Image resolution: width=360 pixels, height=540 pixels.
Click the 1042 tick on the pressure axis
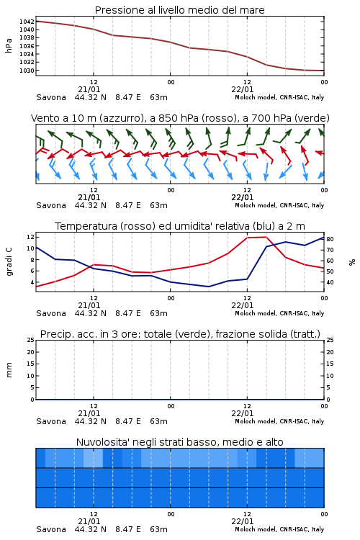pos(27,22)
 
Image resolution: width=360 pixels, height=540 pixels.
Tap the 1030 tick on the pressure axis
pos(27,71)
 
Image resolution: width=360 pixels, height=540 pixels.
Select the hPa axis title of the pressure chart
pos(9,46)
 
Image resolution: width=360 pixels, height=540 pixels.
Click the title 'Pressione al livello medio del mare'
pos(180,10)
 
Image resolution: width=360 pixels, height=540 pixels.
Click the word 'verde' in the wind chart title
pos(312,119)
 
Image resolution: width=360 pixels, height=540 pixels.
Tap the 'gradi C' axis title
pos(9,261)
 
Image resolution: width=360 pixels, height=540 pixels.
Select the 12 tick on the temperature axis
pos(30,237)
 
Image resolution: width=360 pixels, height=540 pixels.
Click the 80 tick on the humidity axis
pos(330,239)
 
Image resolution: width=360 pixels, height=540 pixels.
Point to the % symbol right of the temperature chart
pos(352,262)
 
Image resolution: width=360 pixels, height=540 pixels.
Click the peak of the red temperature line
pos(266,237)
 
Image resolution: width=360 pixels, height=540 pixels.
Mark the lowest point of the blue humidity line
pos(208,287)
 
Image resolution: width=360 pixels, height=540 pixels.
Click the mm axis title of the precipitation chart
pos(9,370)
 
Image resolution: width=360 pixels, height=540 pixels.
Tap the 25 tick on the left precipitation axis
pos(31,340)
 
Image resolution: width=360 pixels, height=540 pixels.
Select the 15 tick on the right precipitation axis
pos(330,364)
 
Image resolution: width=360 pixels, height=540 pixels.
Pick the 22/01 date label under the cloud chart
pos(243,521)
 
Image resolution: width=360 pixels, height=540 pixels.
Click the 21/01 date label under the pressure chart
pos(89,89)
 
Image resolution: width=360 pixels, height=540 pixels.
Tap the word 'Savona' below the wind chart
pos(51,206)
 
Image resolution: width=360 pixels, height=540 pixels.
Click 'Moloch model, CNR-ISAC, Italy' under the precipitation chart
pos(279,421)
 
